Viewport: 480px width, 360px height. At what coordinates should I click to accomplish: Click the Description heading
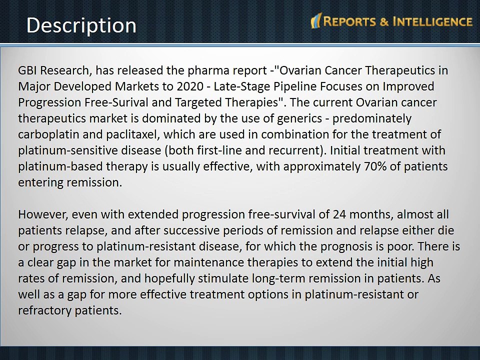(81, 25)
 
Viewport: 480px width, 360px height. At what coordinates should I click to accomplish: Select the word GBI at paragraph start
(28, 70)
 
